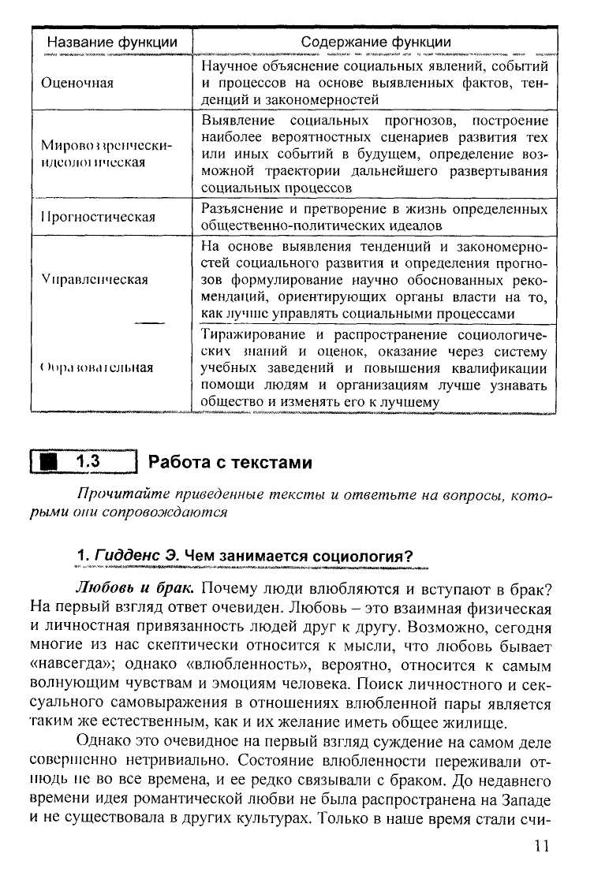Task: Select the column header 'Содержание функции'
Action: [x=376, y=42]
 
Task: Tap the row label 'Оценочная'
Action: [x=77, y=83]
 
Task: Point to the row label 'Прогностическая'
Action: [x=99, y=217]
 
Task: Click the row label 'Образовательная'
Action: [x=96, y=367]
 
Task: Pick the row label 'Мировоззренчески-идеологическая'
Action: [x=106, y=154]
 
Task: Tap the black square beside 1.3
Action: [x=52, y=462]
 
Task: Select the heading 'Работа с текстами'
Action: [x=230, y=463]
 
